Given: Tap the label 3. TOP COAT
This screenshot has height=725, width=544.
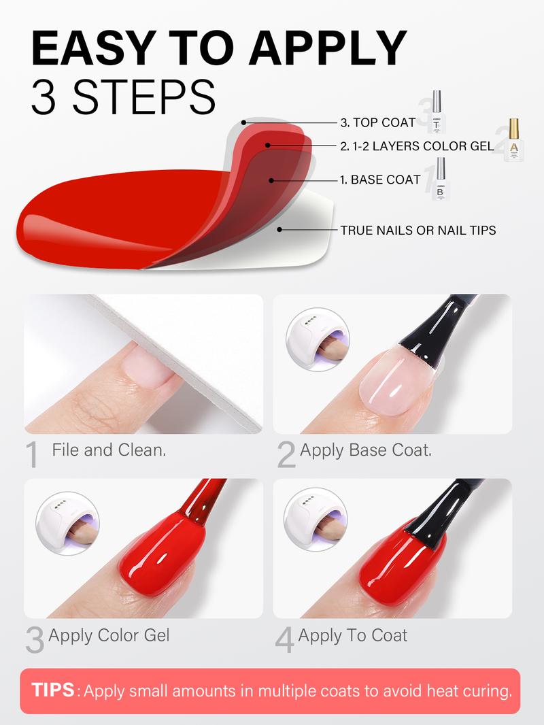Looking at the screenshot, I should (377, 123).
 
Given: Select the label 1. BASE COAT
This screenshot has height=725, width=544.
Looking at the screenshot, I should (380, 181).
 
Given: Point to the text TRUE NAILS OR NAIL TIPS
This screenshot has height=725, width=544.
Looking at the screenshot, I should (418, 231).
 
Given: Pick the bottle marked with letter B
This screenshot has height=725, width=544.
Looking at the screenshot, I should (440, 180).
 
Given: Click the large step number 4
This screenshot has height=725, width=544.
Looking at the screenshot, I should (284, 640).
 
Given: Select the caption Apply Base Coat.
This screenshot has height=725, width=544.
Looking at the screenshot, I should (366, 450).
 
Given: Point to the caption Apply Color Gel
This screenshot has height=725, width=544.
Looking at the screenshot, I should (109, 635).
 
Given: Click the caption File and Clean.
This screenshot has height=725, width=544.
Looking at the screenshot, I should (109, 450).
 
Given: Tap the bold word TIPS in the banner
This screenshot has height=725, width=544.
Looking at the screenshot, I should (54, 691).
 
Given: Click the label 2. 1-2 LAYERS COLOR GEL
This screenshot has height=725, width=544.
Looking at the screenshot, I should (417, 146).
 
